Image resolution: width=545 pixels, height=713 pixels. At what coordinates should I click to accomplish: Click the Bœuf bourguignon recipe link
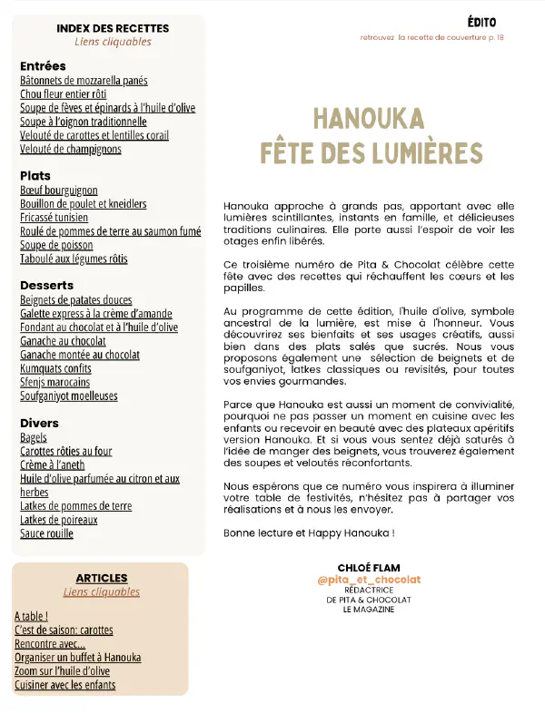click(58, 190)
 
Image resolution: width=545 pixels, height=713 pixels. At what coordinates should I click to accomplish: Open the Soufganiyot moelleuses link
click(69, 396)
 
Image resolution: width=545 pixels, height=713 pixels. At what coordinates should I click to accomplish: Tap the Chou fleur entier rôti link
click(64, 94)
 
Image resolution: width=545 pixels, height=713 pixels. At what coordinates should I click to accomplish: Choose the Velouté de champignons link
click(70, 149)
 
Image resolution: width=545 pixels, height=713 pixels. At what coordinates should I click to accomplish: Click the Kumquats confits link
click(55, 369)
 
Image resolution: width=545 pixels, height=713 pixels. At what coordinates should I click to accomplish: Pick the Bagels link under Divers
click(34, 437)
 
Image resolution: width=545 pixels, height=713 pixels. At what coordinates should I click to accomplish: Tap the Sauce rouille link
click(46, 533)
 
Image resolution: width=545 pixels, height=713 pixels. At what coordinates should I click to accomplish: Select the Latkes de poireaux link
click(59, 520)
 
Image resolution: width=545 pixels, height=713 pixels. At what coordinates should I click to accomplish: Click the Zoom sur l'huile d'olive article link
click(62, 671)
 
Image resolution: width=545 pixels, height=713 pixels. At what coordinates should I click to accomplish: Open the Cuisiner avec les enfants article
click(64, 685)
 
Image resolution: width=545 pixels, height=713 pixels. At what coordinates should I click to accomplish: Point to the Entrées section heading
click(43, 66)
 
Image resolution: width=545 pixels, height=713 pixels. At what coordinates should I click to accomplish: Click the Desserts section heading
click(46, 285)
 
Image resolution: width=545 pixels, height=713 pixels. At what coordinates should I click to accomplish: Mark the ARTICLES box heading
click(102, 578)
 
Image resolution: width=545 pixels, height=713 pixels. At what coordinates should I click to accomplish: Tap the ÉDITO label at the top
click(481, 21)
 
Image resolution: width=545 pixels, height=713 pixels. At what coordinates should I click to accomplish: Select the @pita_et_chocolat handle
click(369, 580)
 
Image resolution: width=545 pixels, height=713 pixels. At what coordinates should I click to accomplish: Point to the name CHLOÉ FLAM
click(369, 567)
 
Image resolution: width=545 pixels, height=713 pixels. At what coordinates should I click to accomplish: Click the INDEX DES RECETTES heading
click(113, 28)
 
